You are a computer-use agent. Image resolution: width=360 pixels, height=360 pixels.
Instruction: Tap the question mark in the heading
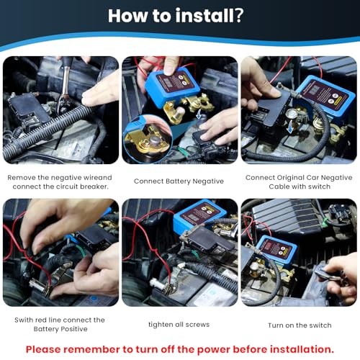pyautogui.click(x=239, y=17)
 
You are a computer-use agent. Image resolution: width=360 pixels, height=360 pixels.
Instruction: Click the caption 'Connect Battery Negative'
pyautogui.click(x=179, y=181)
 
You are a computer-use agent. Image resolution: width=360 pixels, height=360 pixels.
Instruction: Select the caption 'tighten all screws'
pyautogui.click(x=179, y=324)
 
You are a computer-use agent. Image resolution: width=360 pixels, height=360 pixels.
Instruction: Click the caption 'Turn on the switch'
pyautogui.click(x=299, y=324)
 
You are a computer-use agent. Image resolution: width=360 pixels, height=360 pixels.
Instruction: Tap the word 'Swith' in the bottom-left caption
pyautogui.click(x=24, y=320)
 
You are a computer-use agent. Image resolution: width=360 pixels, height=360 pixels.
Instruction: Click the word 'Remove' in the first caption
pyautogui.click(x=22, y=176)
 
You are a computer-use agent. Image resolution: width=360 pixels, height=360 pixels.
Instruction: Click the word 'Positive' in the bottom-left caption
pyautogui.click(x=74, y=329)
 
